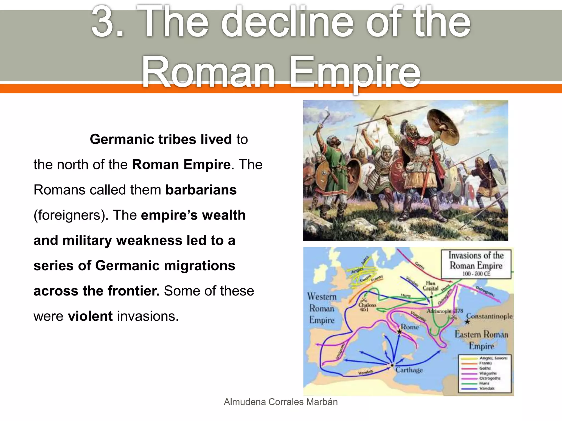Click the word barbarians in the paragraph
point(201,190)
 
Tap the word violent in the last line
point(90,316)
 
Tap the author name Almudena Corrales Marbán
point(281,402)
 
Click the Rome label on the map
point(410,327)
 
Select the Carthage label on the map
point(409,370)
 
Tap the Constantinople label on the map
point(489,316)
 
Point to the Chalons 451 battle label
point(367,307)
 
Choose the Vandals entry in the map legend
point(487,388)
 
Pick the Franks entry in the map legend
point(485,363)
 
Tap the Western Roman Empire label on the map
point(322,308)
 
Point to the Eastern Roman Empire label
point(481,340)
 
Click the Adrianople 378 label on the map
point(445,311)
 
